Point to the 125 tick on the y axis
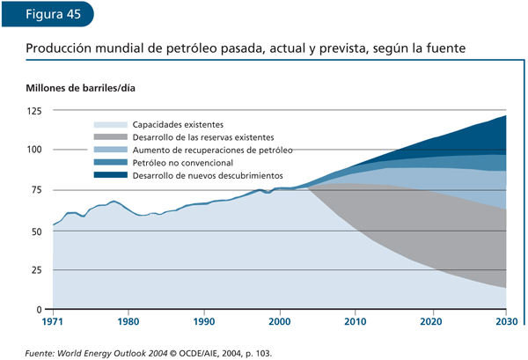point(34,111)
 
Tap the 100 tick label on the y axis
point(34,151)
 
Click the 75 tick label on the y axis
point(36,190)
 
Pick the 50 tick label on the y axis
point(36,231)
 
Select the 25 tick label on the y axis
point(36,270)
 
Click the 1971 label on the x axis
point(54,322)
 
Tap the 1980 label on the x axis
point(128,322)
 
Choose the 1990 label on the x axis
point(204,322)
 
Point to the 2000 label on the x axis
point(280,322)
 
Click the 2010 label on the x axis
point(356,322)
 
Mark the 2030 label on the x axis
point(506,322)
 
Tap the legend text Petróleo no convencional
point(182,163)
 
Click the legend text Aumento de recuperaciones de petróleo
point(212,151)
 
